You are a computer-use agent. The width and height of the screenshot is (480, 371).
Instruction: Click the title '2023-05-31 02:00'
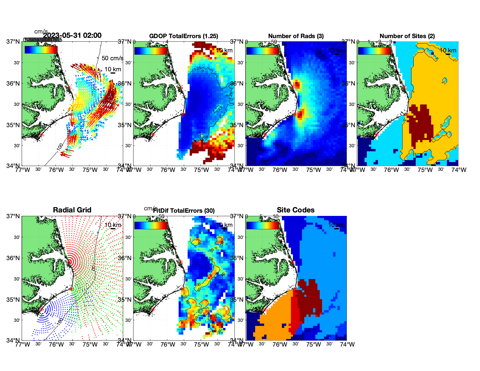pos(72,35)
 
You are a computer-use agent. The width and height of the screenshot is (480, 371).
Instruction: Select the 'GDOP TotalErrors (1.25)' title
pos(184,36)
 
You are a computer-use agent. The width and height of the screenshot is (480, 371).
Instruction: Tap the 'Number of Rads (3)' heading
pos(296,36)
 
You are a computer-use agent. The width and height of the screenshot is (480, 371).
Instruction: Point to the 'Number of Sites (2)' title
pos(407,36)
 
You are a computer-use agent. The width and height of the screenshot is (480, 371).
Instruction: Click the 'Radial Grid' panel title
pos(72,210)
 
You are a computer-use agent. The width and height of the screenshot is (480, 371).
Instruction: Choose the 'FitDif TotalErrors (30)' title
pos(184,211)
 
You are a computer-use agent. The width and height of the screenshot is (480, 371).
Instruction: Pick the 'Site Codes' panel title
pos(296,210)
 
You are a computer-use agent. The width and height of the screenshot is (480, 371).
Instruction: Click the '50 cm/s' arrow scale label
pos(112,58)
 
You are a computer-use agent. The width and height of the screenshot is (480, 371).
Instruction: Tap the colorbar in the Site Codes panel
pos(262,226)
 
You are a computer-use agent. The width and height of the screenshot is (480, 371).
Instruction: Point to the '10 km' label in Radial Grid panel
pos(113,225)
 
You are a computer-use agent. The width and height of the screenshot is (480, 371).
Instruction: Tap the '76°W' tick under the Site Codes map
pos(280,345)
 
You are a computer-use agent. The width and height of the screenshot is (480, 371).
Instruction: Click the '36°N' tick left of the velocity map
pos(13,84)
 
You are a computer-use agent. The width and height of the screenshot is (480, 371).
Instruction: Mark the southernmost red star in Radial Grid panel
pos(41,309)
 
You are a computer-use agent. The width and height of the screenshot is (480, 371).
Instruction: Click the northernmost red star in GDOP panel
pos(181,87)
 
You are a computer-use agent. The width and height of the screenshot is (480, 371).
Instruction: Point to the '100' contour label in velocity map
pos(60,147)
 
